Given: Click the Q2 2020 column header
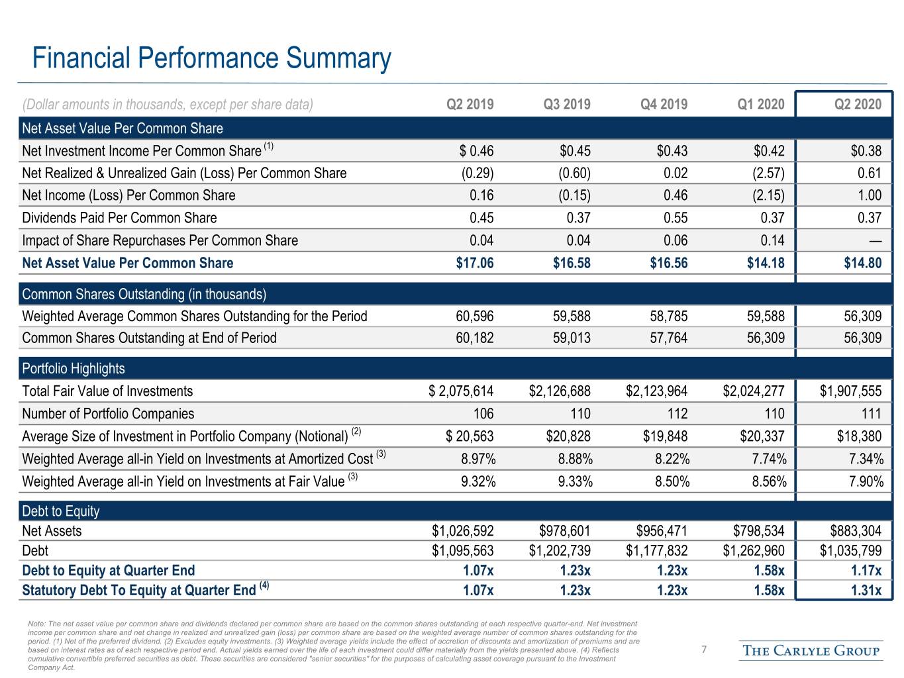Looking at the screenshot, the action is [858, 104].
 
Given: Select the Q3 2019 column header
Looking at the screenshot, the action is [567, 104].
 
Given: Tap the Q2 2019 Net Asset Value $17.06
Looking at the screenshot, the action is [474, 263].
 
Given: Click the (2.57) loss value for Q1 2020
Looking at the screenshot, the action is [768, 173].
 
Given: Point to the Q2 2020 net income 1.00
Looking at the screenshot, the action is [870, 195].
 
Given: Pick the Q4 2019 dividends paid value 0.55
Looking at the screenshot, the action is [676, 218].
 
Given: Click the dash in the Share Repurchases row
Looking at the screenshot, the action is [875, 241].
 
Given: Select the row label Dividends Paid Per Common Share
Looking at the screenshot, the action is [119, 218].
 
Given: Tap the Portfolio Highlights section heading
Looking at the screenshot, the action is [74, 368].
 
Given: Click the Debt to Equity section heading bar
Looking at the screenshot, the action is [456, 511].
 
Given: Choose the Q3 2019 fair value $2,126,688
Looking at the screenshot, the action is [560, 391].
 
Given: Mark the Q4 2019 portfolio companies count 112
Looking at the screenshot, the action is [678, 413].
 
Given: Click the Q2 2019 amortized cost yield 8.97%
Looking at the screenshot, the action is [478, 459].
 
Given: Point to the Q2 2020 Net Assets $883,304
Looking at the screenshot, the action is [856, 530].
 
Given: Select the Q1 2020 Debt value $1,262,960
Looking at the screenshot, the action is [754, 550].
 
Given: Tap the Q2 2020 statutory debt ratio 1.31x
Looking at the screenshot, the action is [866, 591].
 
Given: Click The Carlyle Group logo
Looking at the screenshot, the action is [811, 651].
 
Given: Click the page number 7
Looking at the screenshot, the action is [704, 650].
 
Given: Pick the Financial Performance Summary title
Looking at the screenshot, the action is [212, 58].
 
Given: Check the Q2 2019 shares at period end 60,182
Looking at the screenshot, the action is [474, 338].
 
